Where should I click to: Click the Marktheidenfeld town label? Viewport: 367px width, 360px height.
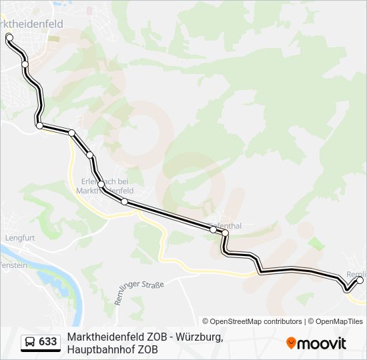(x=33, y=24)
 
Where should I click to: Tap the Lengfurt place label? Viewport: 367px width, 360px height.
(x=19, y=237)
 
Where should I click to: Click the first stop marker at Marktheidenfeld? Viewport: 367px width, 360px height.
(x=9, y=37)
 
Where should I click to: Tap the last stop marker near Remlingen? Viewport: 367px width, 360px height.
(x=360, y=281)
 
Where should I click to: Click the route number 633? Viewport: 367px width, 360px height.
(x=48, y=342)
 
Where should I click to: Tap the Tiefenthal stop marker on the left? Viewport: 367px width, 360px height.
(x=214, y=229)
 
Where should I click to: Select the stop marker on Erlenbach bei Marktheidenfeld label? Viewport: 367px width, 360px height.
(x=101, y=184)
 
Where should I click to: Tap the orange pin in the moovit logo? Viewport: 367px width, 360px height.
(x=291, y=343)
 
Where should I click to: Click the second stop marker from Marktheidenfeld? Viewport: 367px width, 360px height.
(x=25, y=64)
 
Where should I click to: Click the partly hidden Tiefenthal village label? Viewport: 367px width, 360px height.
(x=227, y=225)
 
